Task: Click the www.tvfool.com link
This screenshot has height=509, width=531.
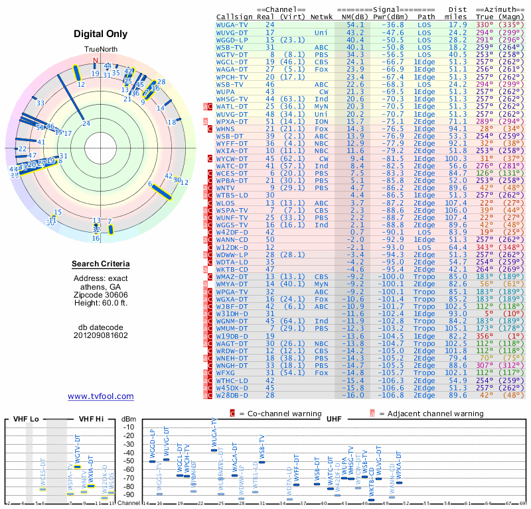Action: click(101, 396)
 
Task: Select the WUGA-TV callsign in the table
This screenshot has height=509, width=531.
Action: click(233, 24)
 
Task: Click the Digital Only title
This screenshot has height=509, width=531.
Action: click(101, 34)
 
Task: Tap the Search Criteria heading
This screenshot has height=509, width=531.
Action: click(101, 264)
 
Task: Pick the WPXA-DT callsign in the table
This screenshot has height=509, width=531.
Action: click(233, 121)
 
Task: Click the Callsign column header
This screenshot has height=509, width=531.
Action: click(234, 16)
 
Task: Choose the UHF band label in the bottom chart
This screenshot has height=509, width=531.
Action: click(334, 420)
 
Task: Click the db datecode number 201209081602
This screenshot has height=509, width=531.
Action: click(101, 335)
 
